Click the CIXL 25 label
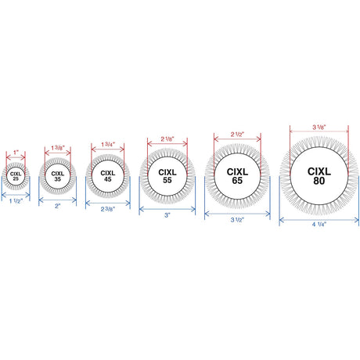pos(16,176)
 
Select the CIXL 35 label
pos(58,176)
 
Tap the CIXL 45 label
pos(108,176)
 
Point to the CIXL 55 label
pos(167,176)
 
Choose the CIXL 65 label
pos(237,176)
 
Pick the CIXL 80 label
pos(319,176)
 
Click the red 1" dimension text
pos(16,152)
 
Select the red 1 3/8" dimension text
pos(58,148)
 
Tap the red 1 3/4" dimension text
pos(108,144)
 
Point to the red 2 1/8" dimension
pos(167,139)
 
